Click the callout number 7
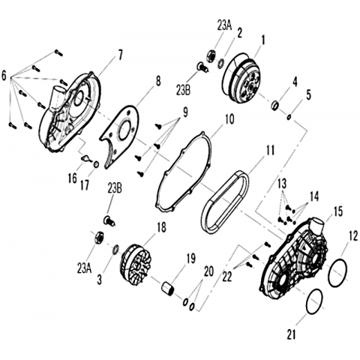pyautogui.click(x=120, y=55)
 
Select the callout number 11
pyautogui.click(x=270, y=151)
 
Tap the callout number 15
pyautogui.click(x=337, y=211)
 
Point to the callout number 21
pyautogui.click(x=291, y=334)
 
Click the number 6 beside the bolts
pyautogui.click(x=4, y=76)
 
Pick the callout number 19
pyautogui.click(x=191, y=259)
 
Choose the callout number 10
pyautogui.click(x=229, y=119)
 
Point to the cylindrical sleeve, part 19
pyautogui.click(x=167, y=288)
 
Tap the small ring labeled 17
pyautogui.click(x=96, y=165)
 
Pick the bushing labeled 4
pyautogui.click(x=275, y=105)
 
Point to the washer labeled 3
pyautogui.click(x=115, y=250)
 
